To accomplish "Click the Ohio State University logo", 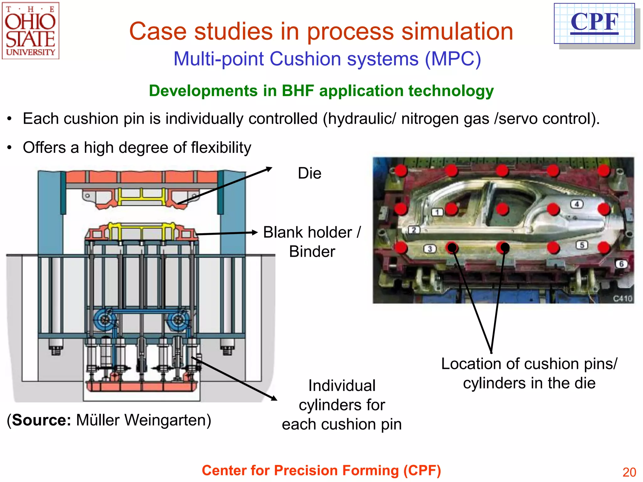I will pos(30,31).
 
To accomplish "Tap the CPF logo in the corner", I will pos(594,23).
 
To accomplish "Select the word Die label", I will pos(310,173).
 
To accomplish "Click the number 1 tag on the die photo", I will pos(437,212).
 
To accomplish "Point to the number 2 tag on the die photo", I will pos(414,230).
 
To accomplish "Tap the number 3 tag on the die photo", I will pos(430,249).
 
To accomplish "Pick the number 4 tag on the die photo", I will pos(576,204).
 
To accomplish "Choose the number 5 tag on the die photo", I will pos(582,245).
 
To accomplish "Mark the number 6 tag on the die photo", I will pos(621,264).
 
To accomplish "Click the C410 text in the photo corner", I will pos(623,298).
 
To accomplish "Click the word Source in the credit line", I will pos(42,420).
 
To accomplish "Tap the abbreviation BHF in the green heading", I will pos(298,91).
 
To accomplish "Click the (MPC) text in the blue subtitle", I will pos(453,59).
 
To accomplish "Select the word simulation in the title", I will pos(457,31).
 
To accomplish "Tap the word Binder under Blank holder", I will pos(312,252).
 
